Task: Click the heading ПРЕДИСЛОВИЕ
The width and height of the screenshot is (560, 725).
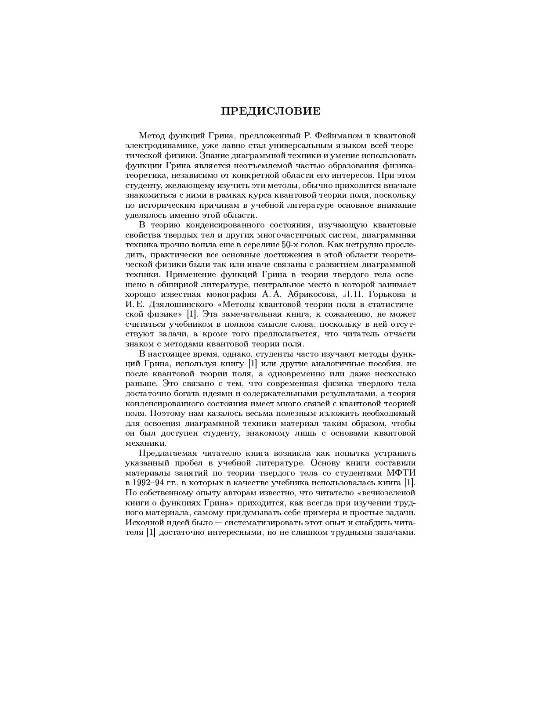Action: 271,111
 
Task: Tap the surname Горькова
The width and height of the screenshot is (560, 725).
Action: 386,294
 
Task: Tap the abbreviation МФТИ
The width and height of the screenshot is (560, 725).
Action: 401,473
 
